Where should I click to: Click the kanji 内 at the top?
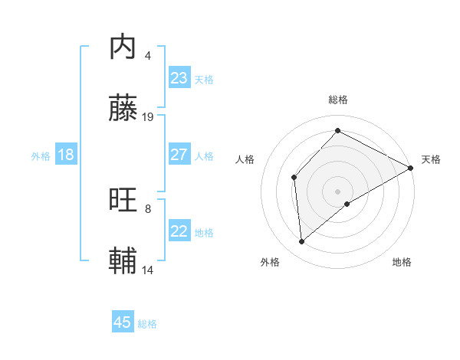[x=123, y=47]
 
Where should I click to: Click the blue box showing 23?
[x=179, y=78]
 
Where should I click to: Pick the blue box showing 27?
[x=179, y=155]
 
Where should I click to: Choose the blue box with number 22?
[x=179, y=231]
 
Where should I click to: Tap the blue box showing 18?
[x=66, y=155]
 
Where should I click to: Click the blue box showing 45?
[x=123, y=322]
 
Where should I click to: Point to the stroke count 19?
[x=149, y=117]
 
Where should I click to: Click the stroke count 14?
[x=149, y=270]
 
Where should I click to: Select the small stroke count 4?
[x=147, y=55]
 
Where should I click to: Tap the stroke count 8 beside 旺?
[x=147, y=208]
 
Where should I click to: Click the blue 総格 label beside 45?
[x=148, y=324]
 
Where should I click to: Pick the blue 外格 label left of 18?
[x=41, y=156]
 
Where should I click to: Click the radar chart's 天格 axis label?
[x=431, y=159]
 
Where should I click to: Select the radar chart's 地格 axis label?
[x=402, y=262]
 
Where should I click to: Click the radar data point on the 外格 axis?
[x=302, y=242]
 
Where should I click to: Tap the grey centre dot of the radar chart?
[x=338, y=191]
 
